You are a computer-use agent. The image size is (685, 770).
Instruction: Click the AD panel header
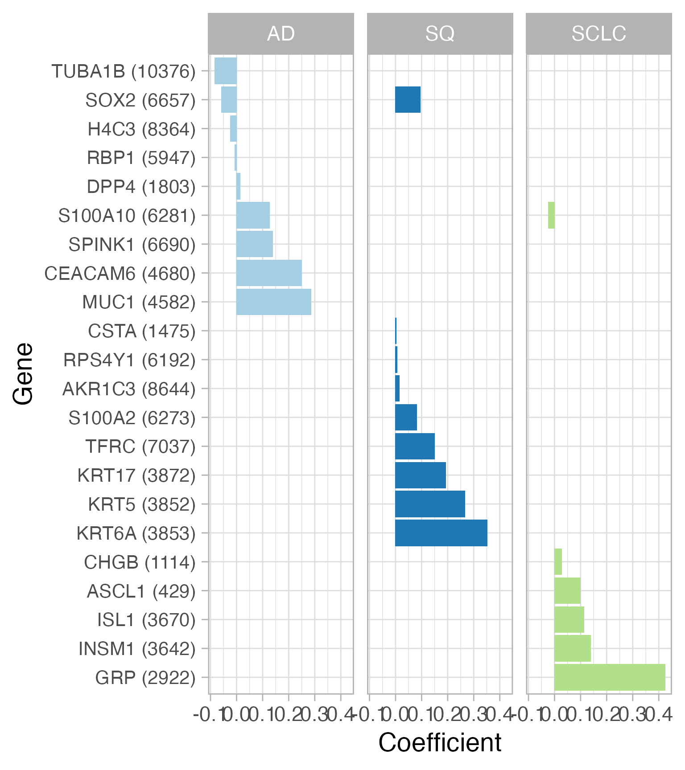281,34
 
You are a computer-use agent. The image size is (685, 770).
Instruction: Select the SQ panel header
440,34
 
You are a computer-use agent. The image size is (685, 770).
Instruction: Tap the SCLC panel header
598,34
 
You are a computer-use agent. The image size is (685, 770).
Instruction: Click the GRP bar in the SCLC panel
609,677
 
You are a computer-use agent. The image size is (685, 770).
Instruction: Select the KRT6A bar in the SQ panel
441,533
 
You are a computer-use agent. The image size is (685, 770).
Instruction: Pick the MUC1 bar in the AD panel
273,302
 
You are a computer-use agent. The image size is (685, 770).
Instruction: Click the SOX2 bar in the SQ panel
408,100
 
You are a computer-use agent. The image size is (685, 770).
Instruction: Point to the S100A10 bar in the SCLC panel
551,215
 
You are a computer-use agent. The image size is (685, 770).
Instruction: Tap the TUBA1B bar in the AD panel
226,71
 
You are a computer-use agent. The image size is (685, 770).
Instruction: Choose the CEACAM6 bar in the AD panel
269,273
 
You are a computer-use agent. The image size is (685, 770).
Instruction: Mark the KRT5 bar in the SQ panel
430,504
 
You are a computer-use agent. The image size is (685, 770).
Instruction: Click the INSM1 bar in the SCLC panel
572,648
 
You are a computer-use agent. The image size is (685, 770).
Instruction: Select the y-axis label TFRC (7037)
140,446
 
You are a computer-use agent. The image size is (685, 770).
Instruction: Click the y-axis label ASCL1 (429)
141,591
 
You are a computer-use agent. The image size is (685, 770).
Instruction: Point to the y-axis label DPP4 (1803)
141,187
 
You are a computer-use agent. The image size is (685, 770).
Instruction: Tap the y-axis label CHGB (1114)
140,562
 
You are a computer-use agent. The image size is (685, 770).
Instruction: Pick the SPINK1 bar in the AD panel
255,244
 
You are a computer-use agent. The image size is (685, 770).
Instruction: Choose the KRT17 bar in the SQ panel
421,475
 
